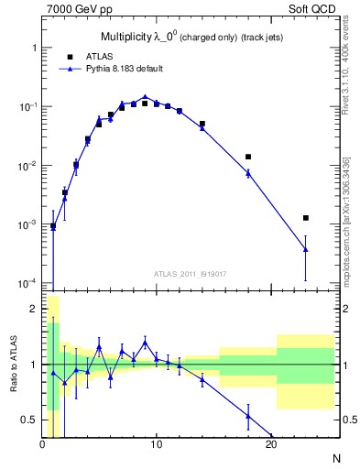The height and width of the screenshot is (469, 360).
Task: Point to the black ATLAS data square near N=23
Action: pyautogui.click(x=306, y=218)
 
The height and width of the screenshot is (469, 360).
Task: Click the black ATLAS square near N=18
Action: pyautogui.click(x=248, y=157)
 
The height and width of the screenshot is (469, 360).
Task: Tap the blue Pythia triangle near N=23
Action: pyautogui.click(x=306, y=249)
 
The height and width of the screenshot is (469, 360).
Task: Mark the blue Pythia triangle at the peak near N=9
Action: pyautogui.click(x=145, y=96)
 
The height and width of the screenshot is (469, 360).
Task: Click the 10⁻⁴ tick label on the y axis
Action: pyautogui.click(x=27, y=283)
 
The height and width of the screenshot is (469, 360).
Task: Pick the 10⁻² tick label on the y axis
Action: pyautogui.click(x=27, y=166)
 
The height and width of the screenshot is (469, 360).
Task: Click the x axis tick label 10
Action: pyautogui.click(x=157, y=445)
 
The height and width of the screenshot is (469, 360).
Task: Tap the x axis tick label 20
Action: pyautogui.click(x=271, y=445)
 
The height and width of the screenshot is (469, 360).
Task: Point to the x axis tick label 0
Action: pyautogui.click(x=42, y=445)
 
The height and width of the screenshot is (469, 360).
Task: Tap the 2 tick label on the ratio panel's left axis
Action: pyautogui.click(x=33, y=309)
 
